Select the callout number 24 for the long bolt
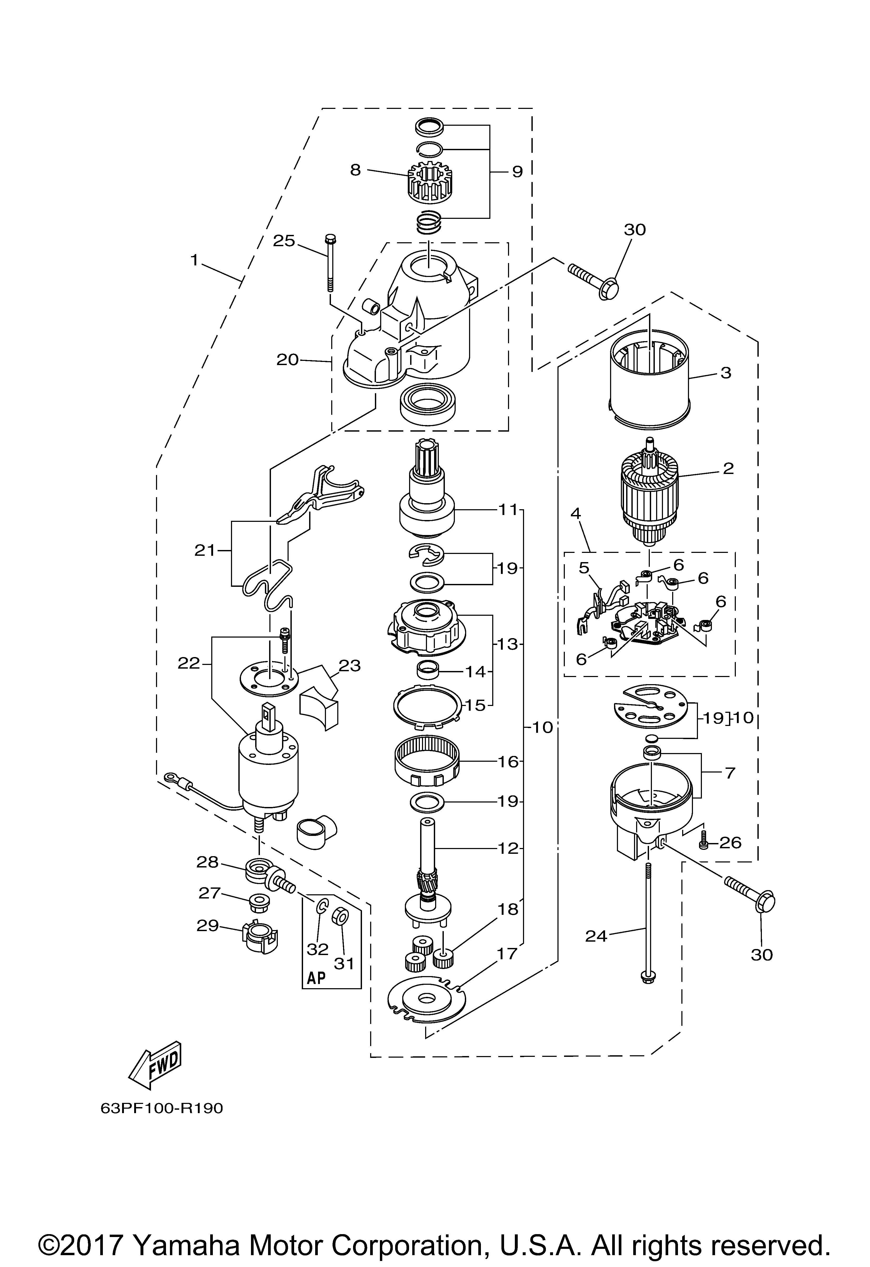tap(596, 936)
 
